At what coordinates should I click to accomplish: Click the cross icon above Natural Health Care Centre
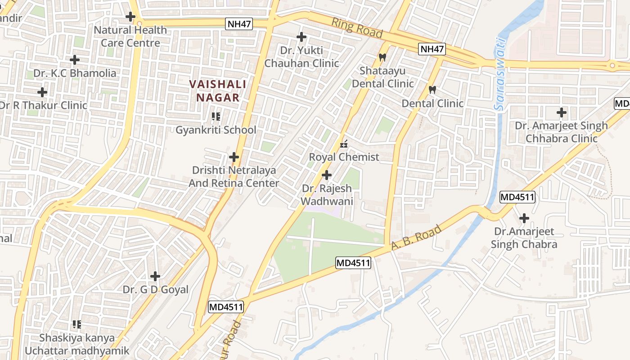(130, 17)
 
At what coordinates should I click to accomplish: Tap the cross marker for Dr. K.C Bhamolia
(75, 59)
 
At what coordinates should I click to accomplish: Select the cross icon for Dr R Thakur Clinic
(42, 92)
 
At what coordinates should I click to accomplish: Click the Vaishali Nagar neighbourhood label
(218, 91)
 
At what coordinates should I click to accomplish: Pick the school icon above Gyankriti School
(216, 117)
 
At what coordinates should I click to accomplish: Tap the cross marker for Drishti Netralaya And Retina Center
(234, 157)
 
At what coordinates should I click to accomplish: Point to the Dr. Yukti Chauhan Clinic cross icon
(301, 37)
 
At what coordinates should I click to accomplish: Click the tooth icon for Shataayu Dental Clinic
(382, 58)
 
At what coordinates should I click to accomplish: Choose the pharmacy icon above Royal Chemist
(344, 144)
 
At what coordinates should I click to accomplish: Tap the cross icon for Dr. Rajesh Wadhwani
(327, 175)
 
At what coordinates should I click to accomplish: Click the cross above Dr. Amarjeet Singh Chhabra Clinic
(561, 112)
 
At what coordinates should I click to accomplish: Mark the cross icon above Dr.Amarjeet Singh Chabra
(524, 219)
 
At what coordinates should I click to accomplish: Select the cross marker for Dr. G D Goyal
(155, 276)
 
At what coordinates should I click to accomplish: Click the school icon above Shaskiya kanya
(77, 324)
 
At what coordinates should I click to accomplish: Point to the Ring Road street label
(357, 28)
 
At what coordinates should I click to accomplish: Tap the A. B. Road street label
(416, 238)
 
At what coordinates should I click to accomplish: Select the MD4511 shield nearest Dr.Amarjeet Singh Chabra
(517, 197)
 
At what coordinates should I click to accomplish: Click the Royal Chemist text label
(344, 157)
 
